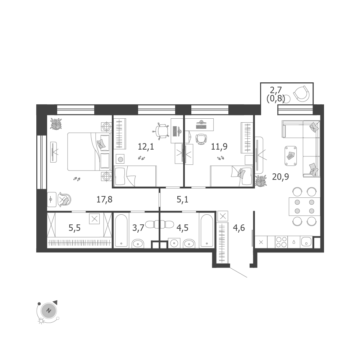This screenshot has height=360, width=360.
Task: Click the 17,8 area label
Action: point(104,200)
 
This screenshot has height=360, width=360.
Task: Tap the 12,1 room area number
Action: point(146,146)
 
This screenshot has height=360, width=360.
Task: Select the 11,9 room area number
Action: point(219,146)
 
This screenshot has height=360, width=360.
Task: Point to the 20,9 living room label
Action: point(280,177)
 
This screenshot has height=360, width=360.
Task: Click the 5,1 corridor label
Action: point(183,200)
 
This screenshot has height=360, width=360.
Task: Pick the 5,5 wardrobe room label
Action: point(74,228)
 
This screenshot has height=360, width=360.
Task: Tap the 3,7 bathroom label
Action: point(138,228)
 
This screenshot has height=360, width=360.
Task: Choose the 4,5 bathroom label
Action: point(183,228)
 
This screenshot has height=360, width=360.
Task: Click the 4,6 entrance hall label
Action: point(239,228)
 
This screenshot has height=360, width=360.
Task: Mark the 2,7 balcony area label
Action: point(276,90)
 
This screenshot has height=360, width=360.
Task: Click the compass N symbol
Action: point(49,311)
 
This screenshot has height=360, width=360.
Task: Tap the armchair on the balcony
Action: point(301,94)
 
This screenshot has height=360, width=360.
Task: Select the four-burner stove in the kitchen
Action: point(282,242)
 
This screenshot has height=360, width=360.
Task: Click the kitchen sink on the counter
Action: point(306,242)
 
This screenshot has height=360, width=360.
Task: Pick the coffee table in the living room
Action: point(291,156)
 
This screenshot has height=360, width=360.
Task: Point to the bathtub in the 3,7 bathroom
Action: point(121,231)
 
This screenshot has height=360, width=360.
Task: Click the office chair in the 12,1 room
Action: point(162,131)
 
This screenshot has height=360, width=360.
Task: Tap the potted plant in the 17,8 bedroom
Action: point(56,124)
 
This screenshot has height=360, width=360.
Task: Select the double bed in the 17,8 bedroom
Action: point(89,151)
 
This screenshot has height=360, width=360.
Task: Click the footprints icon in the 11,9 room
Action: point(221,158)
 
